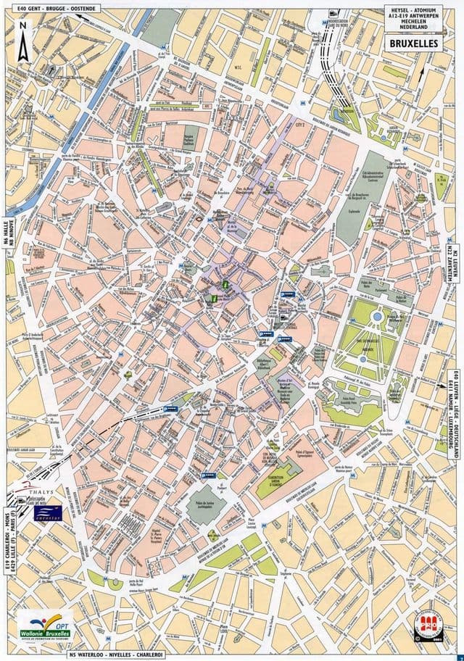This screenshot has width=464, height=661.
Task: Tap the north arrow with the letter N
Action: pos(23,43)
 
